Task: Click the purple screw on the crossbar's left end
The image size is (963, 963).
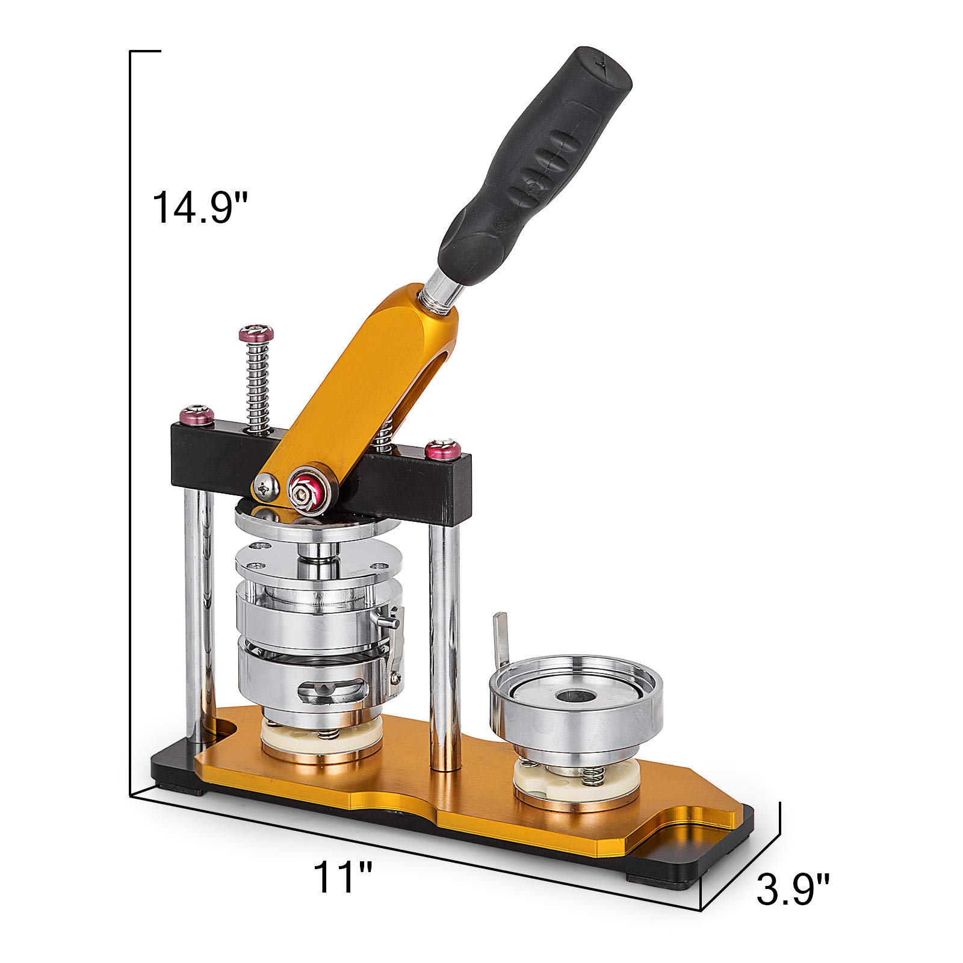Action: (197, 415)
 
